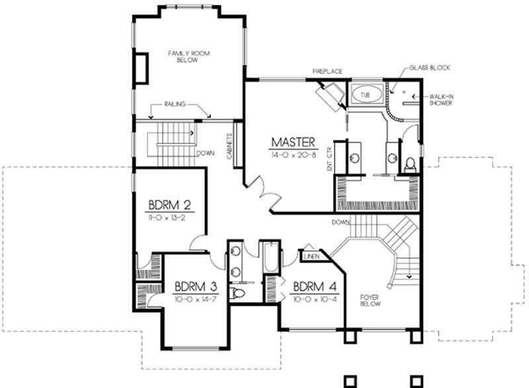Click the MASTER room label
point(294,141)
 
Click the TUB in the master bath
point(365,95)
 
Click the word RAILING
point(178,104)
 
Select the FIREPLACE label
point(327,71)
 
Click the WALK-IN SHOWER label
point(440,99)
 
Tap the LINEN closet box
point(311,254)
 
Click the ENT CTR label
point(328,159)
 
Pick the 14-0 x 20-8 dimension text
point(294,154)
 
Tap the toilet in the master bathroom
point(409,163)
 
